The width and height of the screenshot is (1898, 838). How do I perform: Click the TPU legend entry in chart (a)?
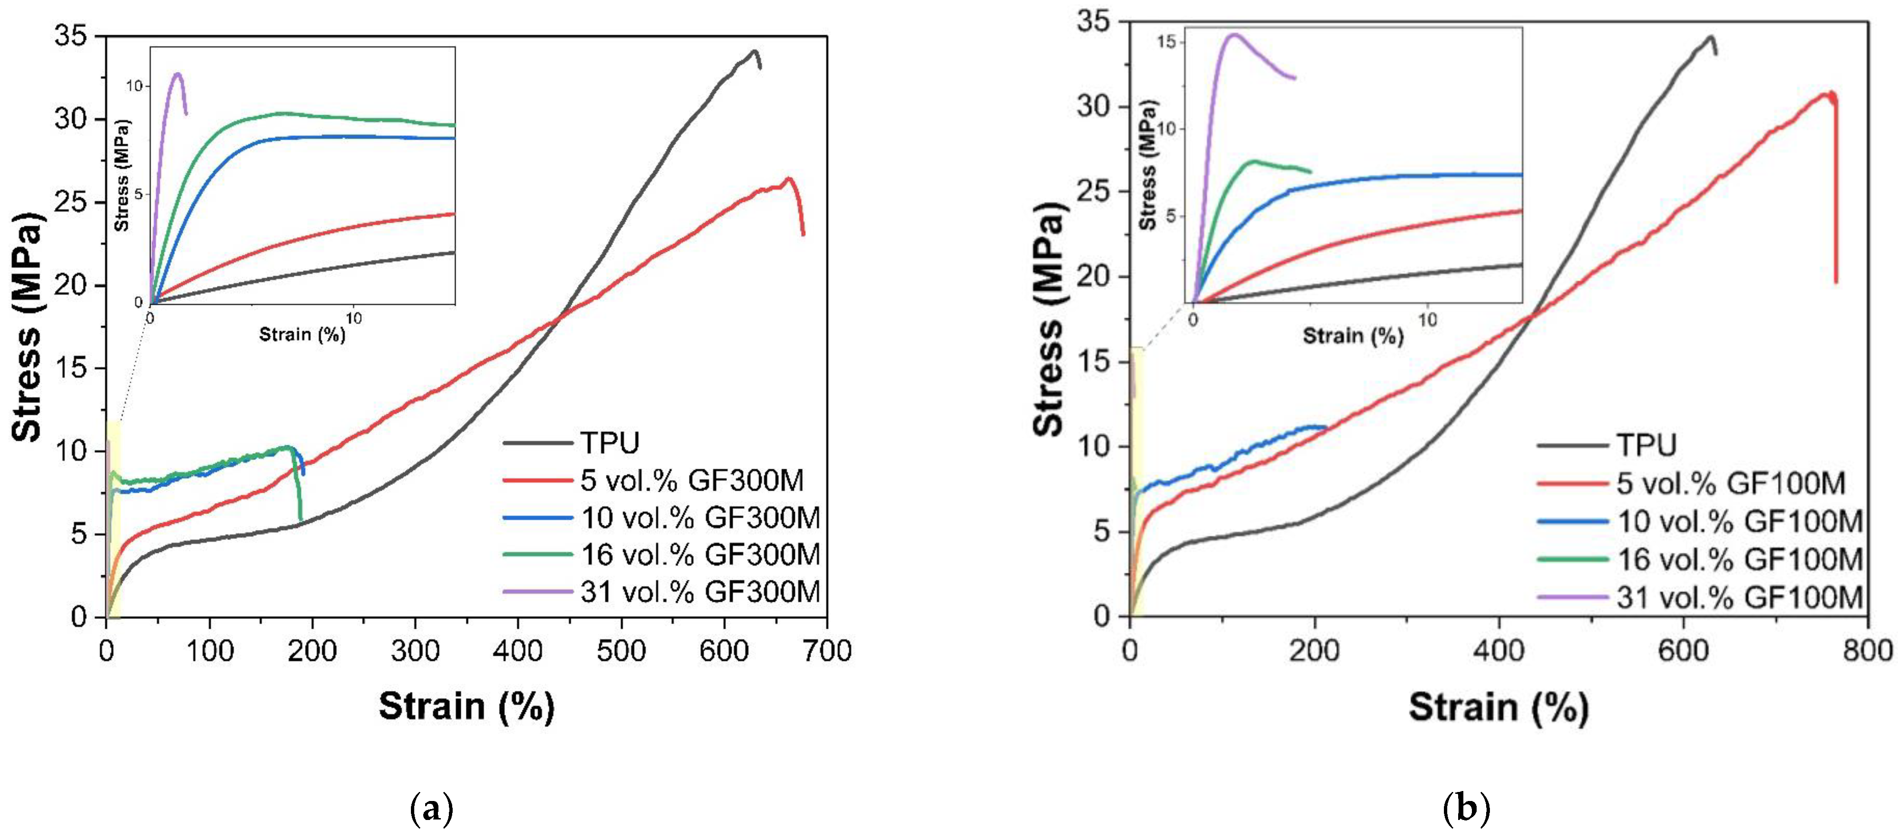609,443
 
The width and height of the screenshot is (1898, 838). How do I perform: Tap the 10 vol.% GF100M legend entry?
1739,521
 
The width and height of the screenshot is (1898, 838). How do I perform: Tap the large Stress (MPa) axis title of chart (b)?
1049,317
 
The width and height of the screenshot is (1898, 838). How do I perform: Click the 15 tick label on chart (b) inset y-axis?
1165,42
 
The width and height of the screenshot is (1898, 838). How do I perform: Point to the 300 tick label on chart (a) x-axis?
416,651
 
